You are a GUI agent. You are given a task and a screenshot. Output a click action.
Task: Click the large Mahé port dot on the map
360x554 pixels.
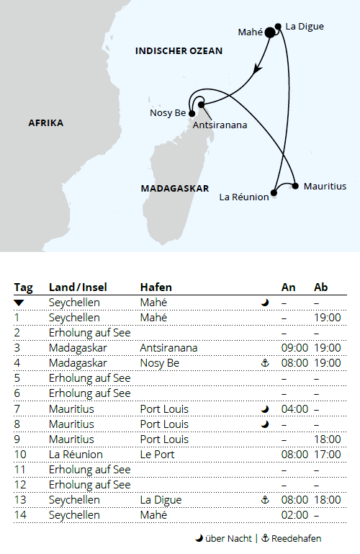[x=270, y=32]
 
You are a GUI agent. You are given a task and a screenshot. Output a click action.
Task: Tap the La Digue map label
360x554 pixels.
[x=305, y=27]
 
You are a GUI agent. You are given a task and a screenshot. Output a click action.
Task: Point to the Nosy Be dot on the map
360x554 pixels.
[x=192, y=113]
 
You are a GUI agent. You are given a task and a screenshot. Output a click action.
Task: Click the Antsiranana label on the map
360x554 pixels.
[x=220, y=125]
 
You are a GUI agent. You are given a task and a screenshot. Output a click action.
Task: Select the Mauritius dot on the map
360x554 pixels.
[x=295, y=186]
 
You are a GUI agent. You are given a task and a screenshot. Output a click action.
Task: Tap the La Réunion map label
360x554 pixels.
[x=243, y=195]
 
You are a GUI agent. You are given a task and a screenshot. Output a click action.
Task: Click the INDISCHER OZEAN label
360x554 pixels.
[x=179, y=51]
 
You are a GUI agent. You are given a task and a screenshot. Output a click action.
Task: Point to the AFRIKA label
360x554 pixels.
[x=46, y=122]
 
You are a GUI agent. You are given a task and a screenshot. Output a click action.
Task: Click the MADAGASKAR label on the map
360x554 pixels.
[x=170, y=187]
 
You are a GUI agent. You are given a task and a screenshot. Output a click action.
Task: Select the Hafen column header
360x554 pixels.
[x=156, y=287]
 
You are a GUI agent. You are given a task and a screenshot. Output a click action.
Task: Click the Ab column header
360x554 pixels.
[x=321, y=287]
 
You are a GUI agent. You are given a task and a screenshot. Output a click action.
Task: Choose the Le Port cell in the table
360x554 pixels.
[x=156, y=455]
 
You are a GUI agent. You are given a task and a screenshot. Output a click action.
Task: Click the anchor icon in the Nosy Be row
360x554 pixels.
[x=265, y=363]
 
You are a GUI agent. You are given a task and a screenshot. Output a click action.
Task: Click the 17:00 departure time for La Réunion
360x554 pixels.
[x=328, y=455]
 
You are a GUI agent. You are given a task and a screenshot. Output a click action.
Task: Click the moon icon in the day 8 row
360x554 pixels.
[x=265, y=424]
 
